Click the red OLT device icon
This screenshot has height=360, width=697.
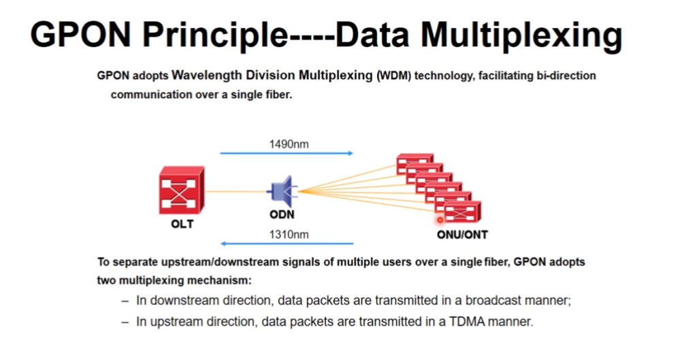pyautogui.click(x=182, y=190)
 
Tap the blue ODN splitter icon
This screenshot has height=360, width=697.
pyautogui.click(x=282, y=191)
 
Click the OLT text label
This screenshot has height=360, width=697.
pyautogui.click(x=182, y=224)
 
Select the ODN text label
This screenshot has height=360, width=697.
pyautogui.click(x=282, y=214)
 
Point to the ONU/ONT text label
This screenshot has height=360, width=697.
pyautogui.click(x=462, y=234)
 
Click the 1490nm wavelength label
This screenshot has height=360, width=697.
pyautogui.click(x=289, y=144)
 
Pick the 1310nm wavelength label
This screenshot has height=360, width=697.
pyautogui.click(x=289, y=234)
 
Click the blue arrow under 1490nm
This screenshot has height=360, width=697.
pyautogui.click(x=287, y=153)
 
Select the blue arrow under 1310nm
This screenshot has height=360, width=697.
pyautogui.click(x=287, y=244)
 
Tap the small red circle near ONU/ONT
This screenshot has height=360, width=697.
pyautogui.click(x=440, y=220)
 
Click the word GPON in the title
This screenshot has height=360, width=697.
pyautogui.click(x=80, y=35)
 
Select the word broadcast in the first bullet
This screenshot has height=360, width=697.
pyautogui.click(x=493, y=300)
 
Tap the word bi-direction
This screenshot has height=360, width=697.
pyautogui.click(x=566, y=76)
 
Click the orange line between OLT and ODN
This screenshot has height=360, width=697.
pyautogui.click(x=236, y=191)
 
